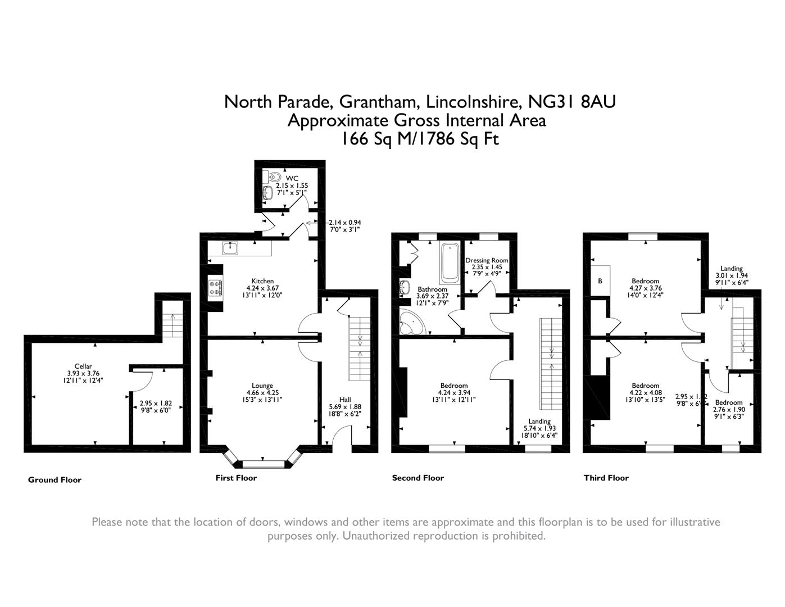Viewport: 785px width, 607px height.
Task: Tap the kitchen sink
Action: pos(230,248)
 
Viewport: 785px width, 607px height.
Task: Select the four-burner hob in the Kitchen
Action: pos(215,288)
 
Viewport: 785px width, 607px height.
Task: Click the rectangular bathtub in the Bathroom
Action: pos(450,262)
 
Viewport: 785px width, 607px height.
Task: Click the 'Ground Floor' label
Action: pos(55,480)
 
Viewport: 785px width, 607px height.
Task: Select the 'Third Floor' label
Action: pos(606,478)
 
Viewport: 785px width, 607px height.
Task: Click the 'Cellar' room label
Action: pos(83,366)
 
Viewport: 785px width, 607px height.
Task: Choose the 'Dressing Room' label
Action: pos(487,260)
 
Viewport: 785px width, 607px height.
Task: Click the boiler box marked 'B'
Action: pos(600,280)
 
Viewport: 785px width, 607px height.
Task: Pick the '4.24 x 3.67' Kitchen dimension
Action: pos(262,288)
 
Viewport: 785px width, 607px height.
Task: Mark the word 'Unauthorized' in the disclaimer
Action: pos(375,536)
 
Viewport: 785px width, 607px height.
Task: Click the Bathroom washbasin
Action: pos(404,289)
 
